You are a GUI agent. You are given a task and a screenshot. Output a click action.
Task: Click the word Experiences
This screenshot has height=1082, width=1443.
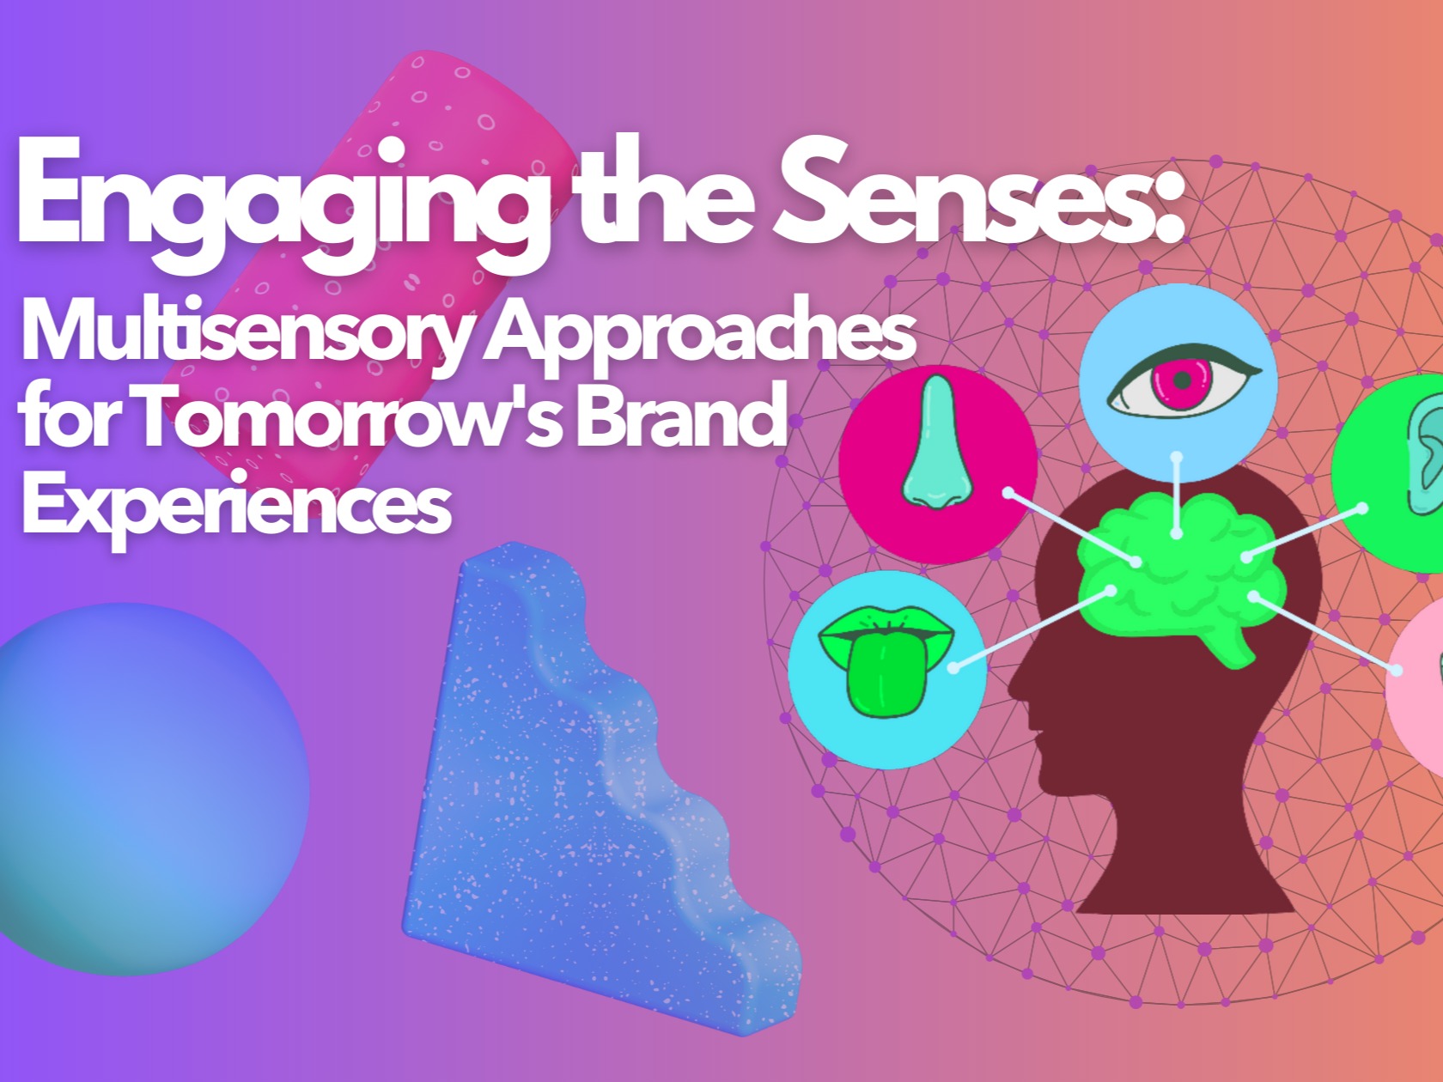point(237,505)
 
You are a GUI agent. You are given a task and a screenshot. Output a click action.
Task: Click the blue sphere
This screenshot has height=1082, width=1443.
point(142,788)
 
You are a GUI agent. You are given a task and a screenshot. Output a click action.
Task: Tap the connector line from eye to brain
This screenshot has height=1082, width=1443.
point(1177,495)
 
